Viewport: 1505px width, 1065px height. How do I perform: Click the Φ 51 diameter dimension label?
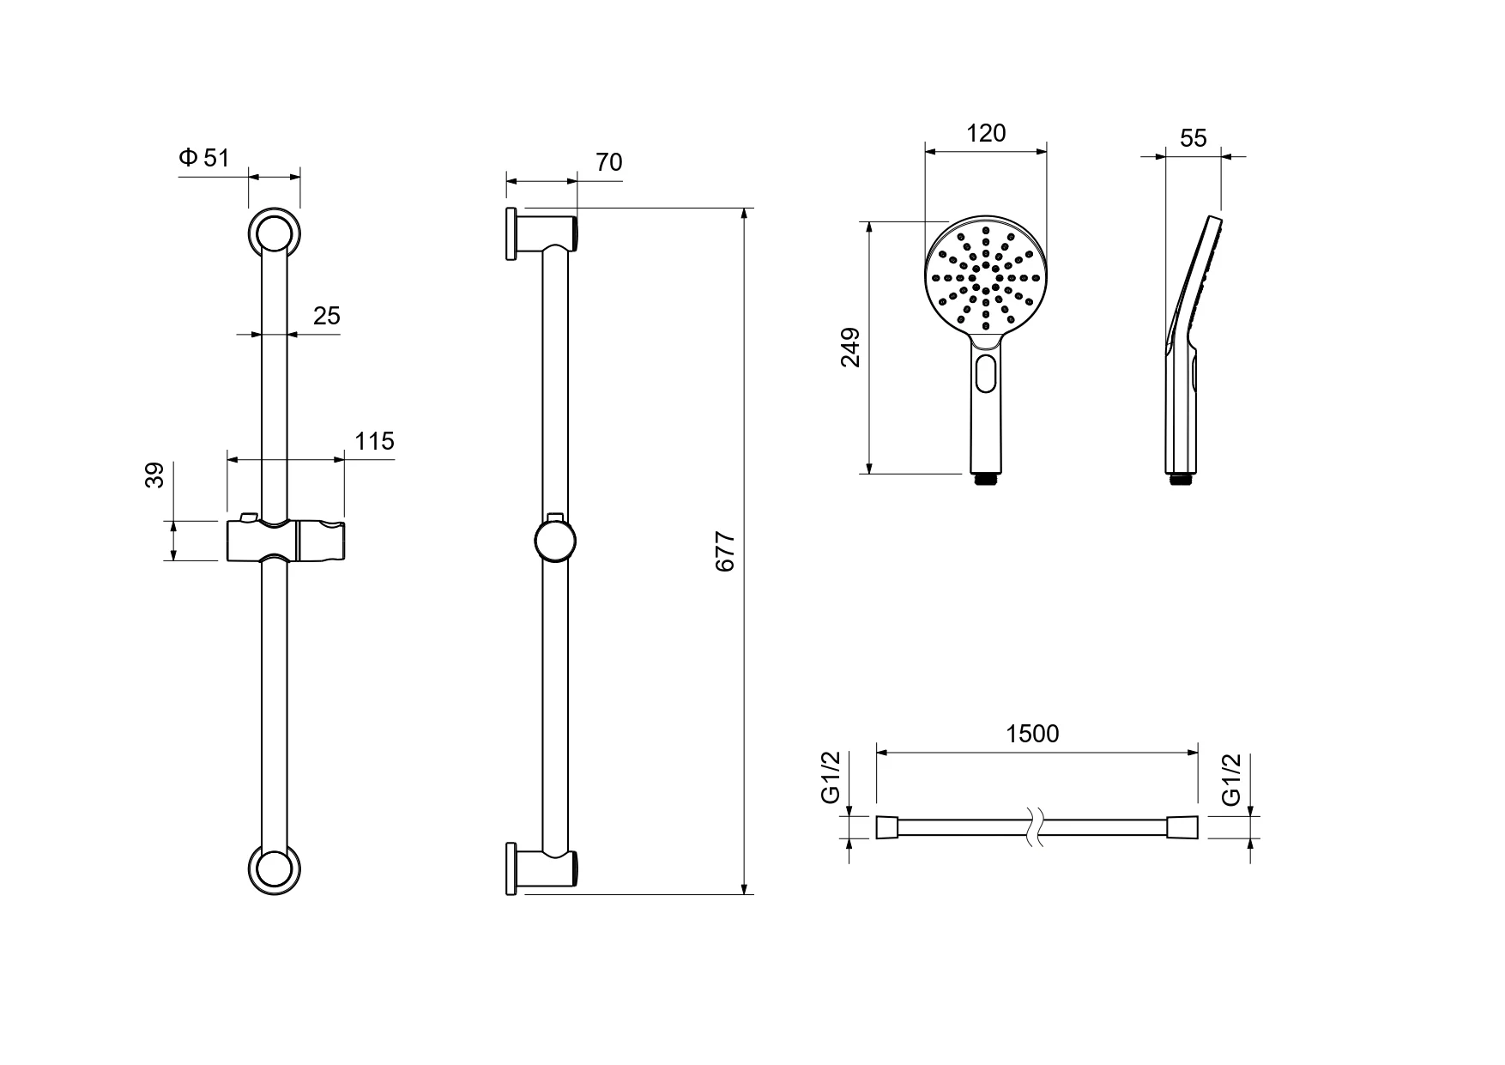click(204, 157)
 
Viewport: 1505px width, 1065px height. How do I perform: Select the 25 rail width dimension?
click(327, 316)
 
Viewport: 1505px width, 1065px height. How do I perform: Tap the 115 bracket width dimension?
click(375, 441)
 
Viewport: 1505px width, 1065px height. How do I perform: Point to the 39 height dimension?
click(154, 475)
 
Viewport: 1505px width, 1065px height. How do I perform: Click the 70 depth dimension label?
click(608, 162)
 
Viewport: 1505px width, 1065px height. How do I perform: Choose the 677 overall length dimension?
click(726, 552)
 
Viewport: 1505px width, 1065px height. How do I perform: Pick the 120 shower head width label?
click(986, 133)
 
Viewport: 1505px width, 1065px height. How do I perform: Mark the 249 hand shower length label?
click(850, 348)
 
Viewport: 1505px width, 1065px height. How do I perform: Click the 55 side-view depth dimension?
click(1194, 138)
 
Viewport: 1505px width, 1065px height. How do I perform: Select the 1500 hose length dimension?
click(1033, 734)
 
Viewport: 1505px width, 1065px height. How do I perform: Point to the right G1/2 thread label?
click(1232, 780)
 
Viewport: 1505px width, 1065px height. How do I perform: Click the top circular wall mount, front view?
click(275, 233)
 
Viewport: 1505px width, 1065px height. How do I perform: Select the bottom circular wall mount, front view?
click(275, 869)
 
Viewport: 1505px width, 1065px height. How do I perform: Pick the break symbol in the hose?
click(1035, 827)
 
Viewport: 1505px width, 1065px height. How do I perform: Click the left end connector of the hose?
click(887, 827)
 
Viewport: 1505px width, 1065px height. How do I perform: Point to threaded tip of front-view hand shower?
click(986, 479)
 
